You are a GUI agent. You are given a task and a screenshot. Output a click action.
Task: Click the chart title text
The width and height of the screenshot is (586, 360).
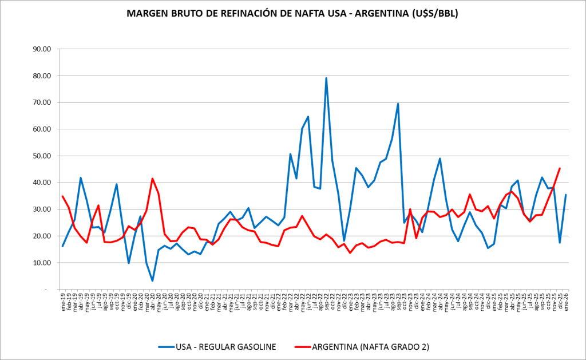click(293, 13)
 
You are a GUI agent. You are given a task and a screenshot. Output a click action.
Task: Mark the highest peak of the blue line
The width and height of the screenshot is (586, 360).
click(326, 78)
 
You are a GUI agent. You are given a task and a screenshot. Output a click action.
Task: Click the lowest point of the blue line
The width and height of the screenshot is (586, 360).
click(152, 280)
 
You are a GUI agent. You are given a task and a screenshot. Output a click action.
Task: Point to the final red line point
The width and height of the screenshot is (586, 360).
click(560, 168)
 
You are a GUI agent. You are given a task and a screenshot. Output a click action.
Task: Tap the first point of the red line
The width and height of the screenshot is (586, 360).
click(62, 196)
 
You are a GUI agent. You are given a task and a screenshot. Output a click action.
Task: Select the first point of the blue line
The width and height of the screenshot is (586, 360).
click(62, 246)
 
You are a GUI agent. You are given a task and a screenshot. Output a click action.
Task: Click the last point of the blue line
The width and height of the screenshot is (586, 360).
click(566, 195)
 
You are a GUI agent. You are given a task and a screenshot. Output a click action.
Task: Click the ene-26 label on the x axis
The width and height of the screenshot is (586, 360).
click(565, 300)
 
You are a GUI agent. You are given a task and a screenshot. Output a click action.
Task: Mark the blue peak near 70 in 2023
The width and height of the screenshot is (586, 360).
click(398, 104)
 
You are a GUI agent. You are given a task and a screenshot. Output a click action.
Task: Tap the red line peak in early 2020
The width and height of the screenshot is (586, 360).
click(152, 179)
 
